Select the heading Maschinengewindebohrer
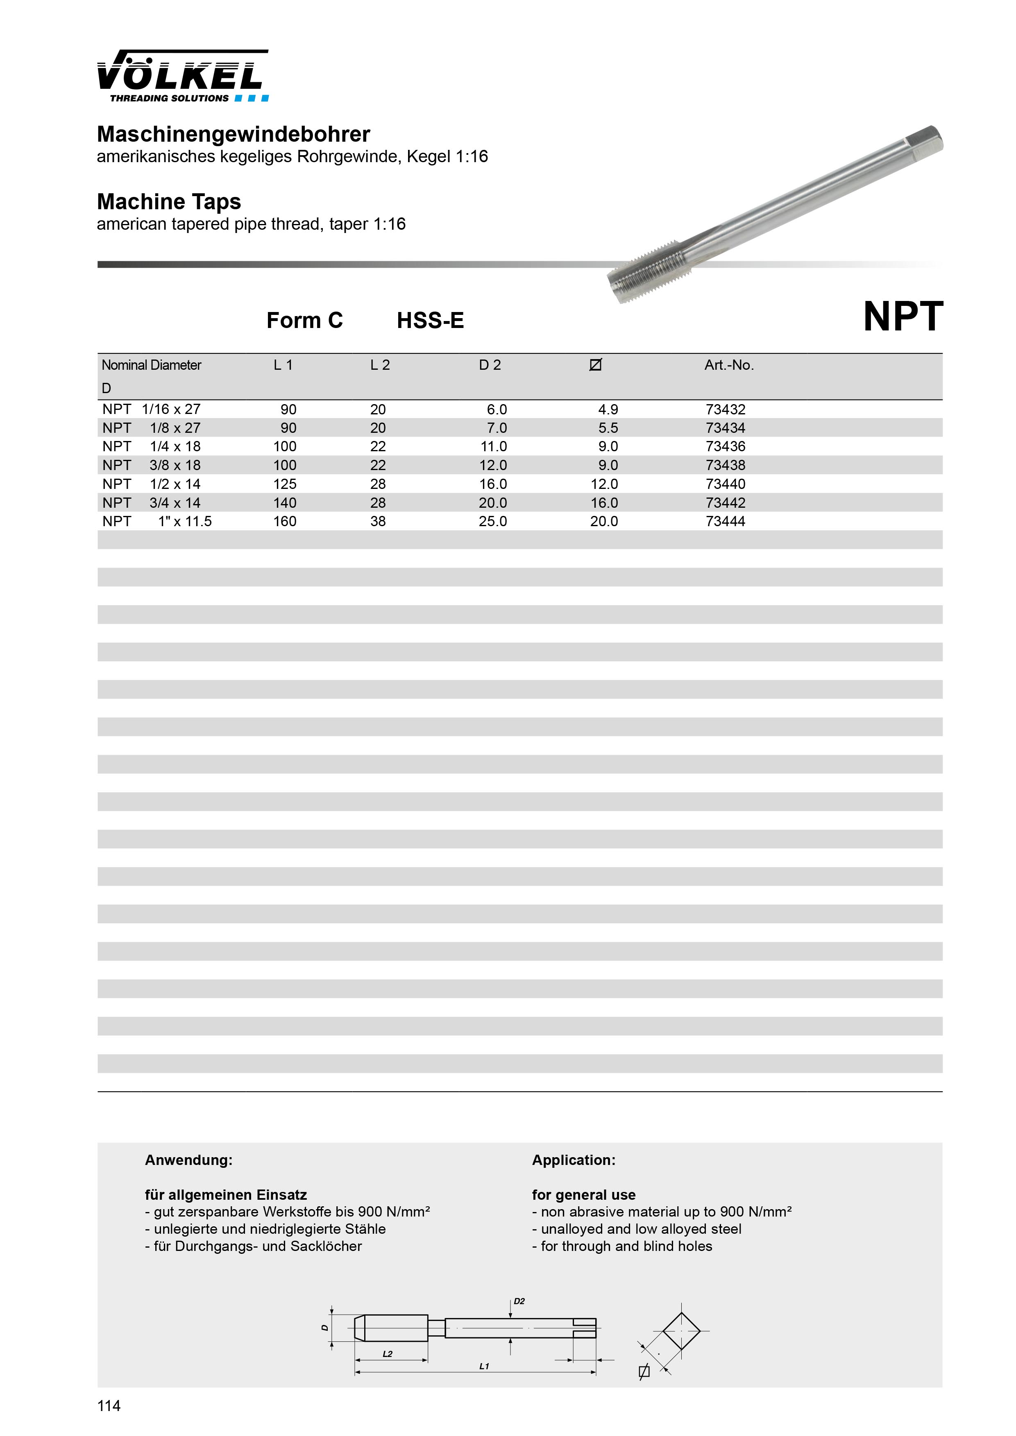pos(234,134)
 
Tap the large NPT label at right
pos(903,317)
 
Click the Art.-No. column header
pos(729,365)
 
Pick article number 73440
pos(725,484)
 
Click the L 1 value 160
pos(285,522)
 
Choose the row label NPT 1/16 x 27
pos(152,409)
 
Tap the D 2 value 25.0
pos(493,522)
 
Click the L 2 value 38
pos(378,522)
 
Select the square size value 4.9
pos(608,409)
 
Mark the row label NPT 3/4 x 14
pos(152,503)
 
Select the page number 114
pos(109,1406)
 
